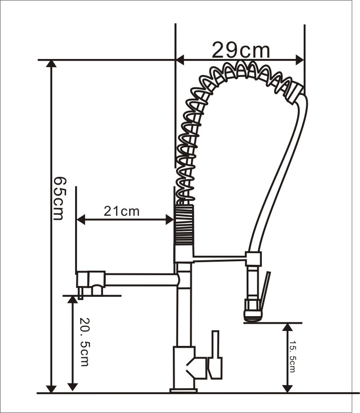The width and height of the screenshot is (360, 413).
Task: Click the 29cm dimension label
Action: [x=241, y=50]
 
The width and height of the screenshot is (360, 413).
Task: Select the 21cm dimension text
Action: [x=121, y=211]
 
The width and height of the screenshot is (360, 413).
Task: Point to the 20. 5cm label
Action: [x=85, y=342]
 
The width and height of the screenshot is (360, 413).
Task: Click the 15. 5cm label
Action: [x=292, y=357]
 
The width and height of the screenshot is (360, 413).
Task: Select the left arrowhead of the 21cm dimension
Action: [x=81, y=219]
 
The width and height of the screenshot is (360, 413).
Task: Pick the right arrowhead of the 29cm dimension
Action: [x=299, y=60]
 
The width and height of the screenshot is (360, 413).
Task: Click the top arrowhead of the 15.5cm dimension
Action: [x=288, y=327]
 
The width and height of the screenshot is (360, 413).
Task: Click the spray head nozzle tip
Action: [x=253, y=316]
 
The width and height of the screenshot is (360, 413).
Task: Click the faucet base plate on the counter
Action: [x=184, y=390]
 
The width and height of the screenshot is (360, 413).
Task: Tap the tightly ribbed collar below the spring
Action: [x=184, y=225]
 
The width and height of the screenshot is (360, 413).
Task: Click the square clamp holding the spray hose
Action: [x=254, y=259]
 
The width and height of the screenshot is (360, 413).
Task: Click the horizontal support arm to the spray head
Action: [x=220, y=259]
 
